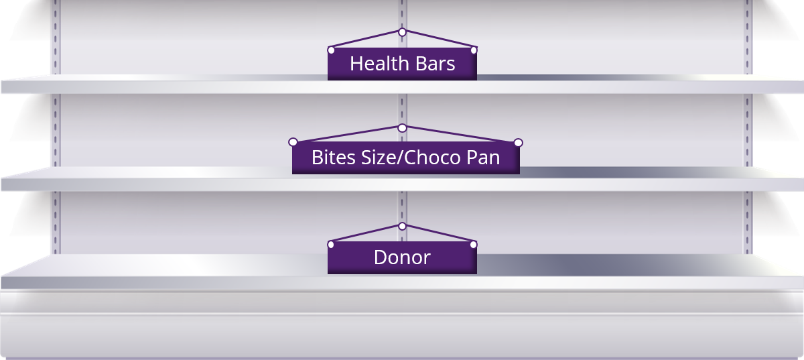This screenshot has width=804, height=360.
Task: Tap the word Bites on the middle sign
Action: pos(330,158)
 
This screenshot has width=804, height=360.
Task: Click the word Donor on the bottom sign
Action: pos(402,257)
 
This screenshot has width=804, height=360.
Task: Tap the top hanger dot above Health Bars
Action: pos(402,32)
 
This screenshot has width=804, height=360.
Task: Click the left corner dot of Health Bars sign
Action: pos(330,50)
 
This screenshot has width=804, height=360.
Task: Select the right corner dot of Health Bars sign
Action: pos(474,50)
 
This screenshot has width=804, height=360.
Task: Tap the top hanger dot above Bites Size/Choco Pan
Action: pos(402,127)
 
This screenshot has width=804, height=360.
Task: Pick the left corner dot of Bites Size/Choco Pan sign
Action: pos(293,142)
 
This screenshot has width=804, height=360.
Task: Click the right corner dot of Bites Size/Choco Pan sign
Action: pos(518,142)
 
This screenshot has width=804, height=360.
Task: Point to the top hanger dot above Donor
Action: pos(402,227)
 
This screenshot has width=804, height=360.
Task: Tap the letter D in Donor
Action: pos(380,257)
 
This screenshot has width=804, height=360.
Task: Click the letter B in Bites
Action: pos(317,158)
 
